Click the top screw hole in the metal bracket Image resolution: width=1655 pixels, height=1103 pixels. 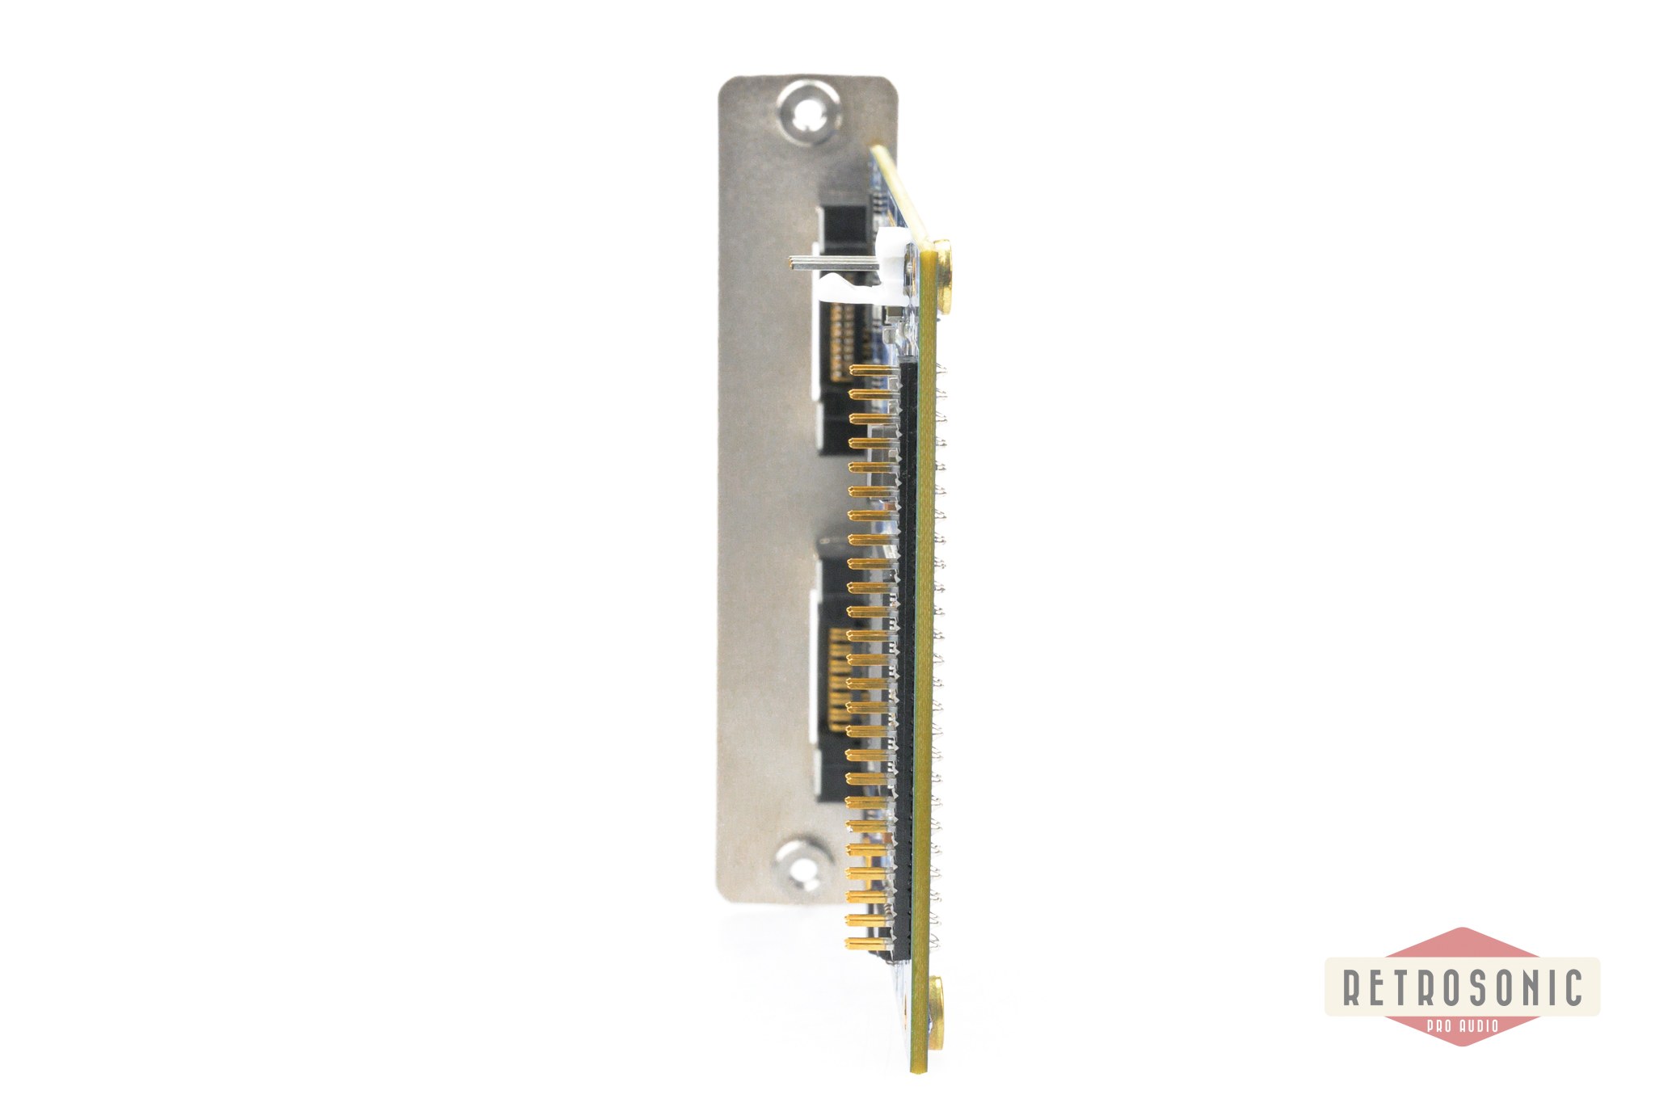(806, 120)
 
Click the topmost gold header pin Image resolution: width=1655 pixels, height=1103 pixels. (874, 370)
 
